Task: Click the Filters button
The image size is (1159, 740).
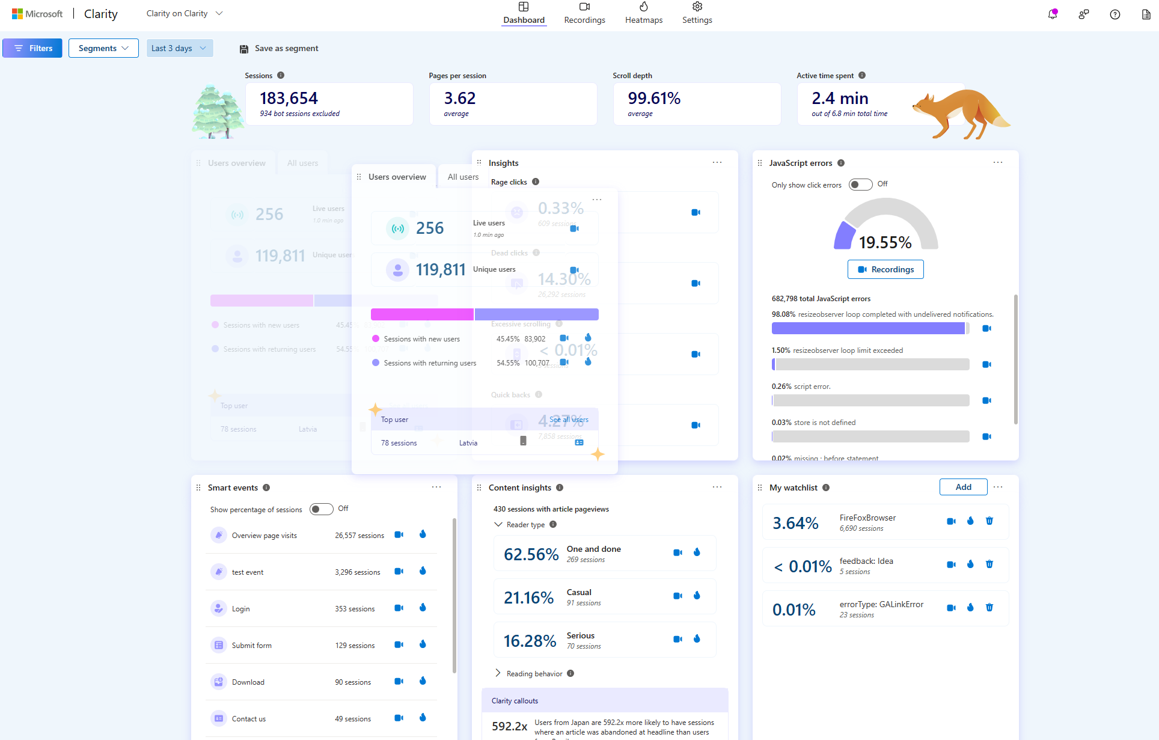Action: [32, 48]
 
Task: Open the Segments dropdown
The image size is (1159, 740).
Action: [103, 48]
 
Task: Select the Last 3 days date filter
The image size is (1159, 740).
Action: [179, 48]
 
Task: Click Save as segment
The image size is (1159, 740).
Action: [279, 48]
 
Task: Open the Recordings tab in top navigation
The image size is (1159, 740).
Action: [584, 13]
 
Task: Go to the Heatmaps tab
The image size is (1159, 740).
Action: [643, 13]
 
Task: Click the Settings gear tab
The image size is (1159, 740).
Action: [697, 13]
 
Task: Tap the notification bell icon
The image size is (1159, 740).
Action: [1052, 14]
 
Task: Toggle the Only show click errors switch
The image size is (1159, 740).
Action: [860, 185]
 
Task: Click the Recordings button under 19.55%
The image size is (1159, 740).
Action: [885, 269]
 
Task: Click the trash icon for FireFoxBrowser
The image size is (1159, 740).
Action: [989, 521]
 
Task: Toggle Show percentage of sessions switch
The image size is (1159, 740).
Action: [321, 509]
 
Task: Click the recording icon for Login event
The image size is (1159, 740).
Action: [399, 608]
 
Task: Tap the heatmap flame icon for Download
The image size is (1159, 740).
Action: [423, 681]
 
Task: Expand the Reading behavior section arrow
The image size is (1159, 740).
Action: [498, 673]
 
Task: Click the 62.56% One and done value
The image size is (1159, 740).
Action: [531, 554]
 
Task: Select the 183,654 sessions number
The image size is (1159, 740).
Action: [289, 98]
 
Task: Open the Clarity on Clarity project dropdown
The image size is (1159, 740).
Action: [184, 13]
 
